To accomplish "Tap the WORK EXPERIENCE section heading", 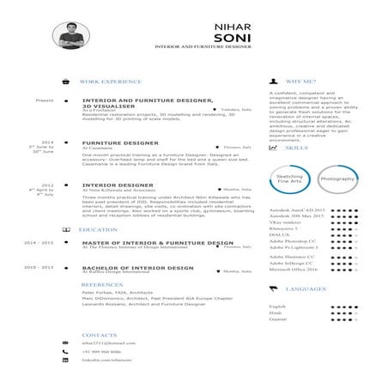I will [109, 82].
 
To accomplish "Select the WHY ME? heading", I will [300, 82].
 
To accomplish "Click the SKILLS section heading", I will [295, 148].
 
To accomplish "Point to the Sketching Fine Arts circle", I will [289, 179].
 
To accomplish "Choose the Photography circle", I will [336, 179].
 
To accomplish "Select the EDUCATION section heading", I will [97, 230].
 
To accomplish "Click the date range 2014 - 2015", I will [39, 244].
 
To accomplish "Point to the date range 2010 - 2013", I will [39, 268].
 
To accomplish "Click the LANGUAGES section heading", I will [305, 290].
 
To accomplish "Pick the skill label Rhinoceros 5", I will [284, 228].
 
